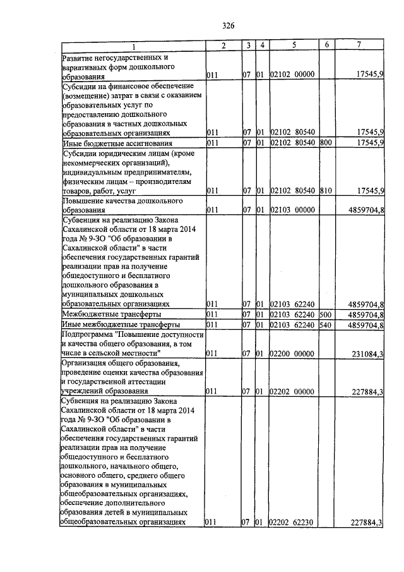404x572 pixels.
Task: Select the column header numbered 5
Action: [294, 45]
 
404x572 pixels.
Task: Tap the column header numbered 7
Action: [359, 45]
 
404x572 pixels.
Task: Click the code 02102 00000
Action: [292, 75]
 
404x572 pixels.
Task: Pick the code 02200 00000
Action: [292, 353]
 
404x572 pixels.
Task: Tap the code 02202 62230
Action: [292, 522]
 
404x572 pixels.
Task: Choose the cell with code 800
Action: [326, 143]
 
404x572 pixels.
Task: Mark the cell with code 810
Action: [326, 190]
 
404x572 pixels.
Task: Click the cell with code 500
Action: [326, 314]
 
